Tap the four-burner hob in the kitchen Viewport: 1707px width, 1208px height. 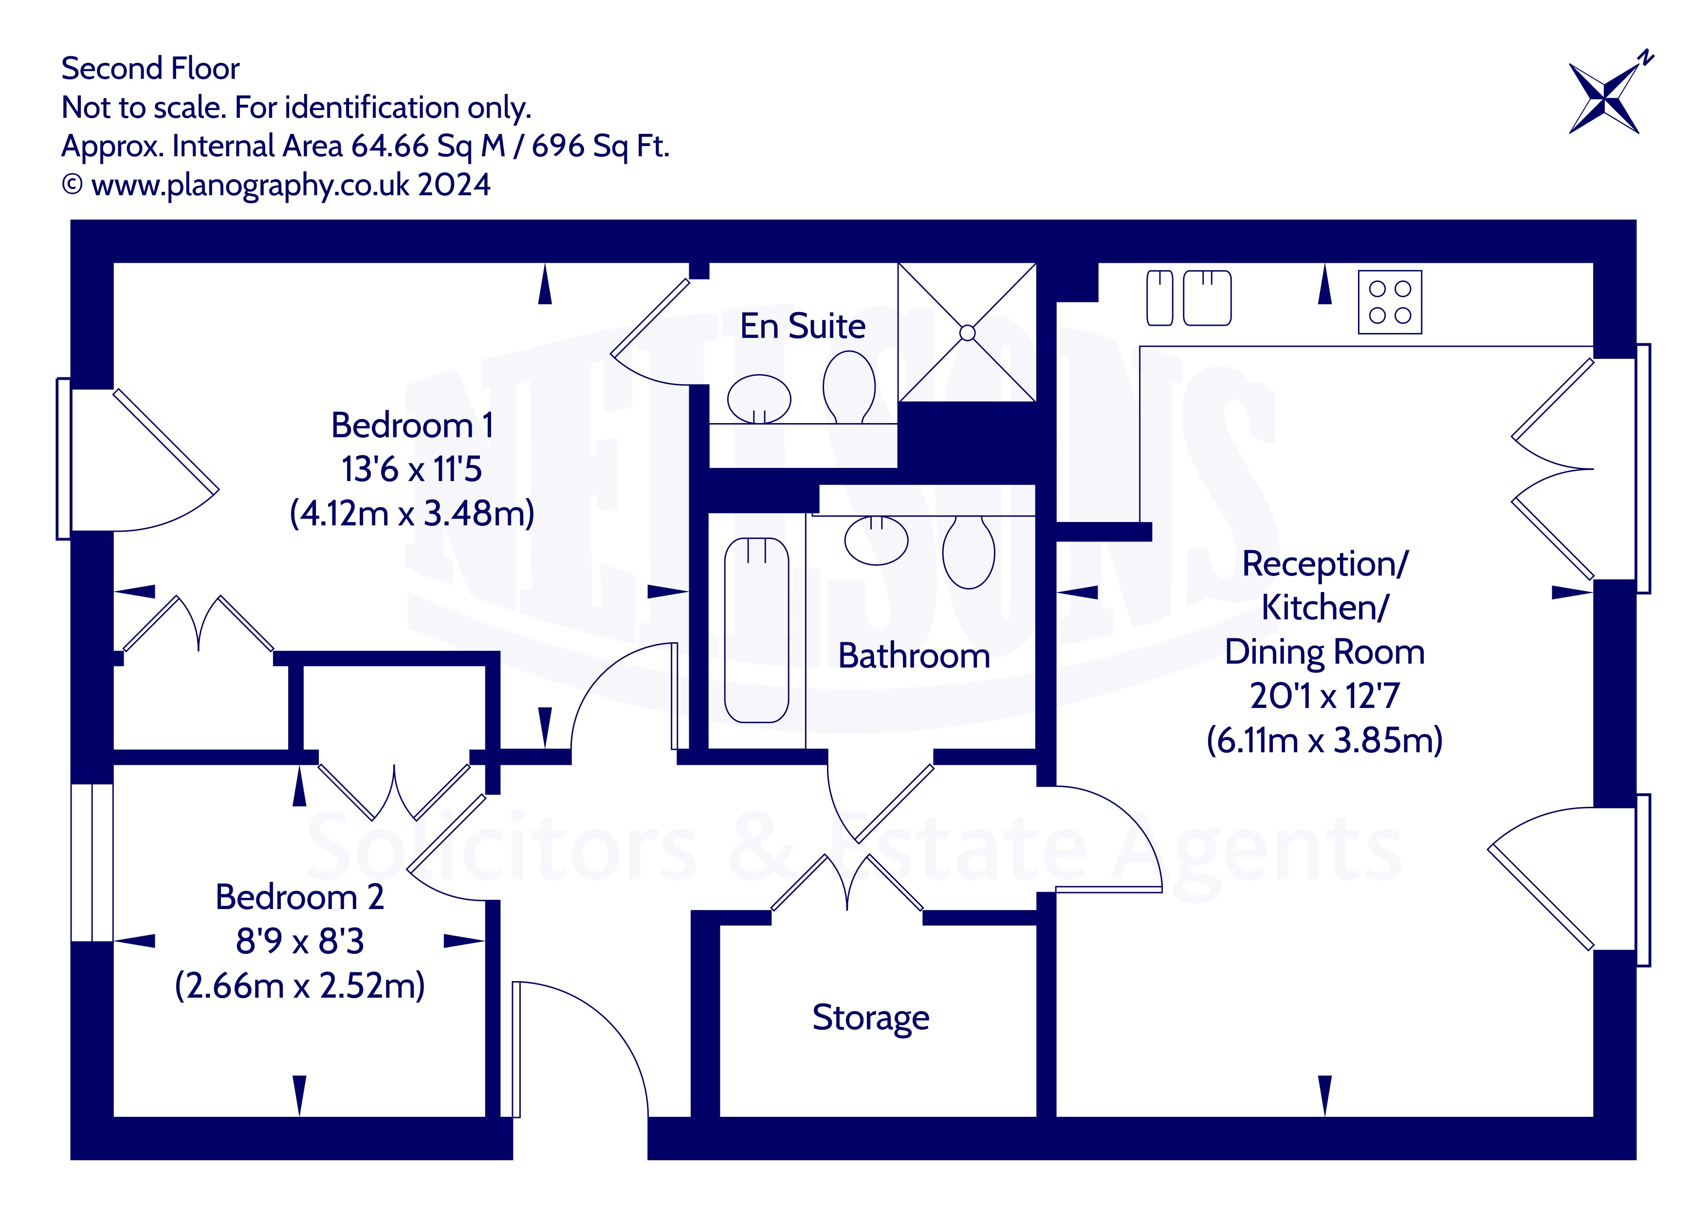point(1390,302)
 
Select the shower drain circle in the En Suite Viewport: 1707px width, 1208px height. point(967,333)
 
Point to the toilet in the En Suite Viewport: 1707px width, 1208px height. point(849,387)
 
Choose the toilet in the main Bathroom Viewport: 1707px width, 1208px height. point(969,552)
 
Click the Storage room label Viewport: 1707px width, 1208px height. point(871,1018)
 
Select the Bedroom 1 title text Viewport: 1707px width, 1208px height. point(412,426)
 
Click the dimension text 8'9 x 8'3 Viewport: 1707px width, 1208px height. point(300,941)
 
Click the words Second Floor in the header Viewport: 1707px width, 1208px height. point(150,69)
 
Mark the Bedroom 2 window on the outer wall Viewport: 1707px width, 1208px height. point(92,863)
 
